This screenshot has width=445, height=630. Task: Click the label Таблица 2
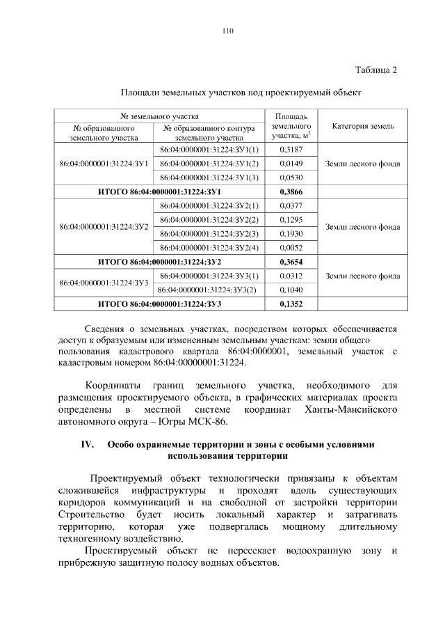pos(375,70)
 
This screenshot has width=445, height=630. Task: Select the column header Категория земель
pos(362,126)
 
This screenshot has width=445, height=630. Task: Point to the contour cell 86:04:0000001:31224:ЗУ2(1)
pos(209,206)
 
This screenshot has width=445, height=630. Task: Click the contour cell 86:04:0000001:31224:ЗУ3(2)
pos(209,290)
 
